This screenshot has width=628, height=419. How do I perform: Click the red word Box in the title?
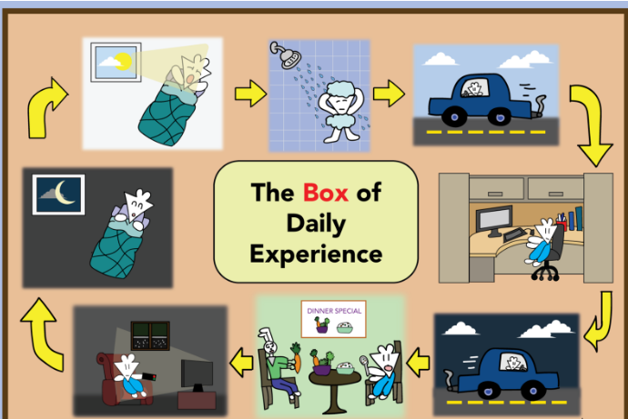pos(325,193)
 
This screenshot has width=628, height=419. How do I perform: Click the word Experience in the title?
pos(316,254)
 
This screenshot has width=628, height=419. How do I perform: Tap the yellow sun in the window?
pos(124,62)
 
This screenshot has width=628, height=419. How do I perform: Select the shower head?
pos(286,55)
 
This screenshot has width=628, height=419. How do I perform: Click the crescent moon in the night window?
pos(64,193)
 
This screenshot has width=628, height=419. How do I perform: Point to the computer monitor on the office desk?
pos(494,221)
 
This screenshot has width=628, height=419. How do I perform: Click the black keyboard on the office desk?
pos(515,234)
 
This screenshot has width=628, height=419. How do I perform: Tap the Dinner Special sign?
pos(334,319)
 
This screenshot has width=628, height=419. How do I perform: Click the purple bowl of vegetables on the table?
pos(321,368)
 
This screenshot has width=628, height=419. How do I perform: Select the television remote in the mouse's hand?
pos(149,376)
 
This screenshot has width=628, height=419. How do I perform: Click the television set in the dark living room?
pos(197,375)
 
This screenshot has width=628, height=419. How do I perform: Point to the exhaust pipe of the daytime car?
pos(538,106)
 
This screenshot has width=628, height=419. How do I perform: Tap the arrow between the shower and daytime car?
pos(389,94)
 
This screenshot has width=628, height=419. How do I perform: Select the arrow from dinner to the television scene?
pos(241,363)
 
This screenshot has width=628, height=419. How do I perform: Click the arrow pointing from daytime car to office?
pos(592,124)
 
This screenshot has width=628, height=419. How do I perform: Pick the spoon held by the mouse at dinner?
pos(365,364)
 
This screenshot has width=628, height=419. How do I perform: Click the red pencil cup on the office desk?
pos(562,225)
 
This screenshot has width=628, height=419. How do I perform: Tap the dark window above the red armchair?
pos(150,336)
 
